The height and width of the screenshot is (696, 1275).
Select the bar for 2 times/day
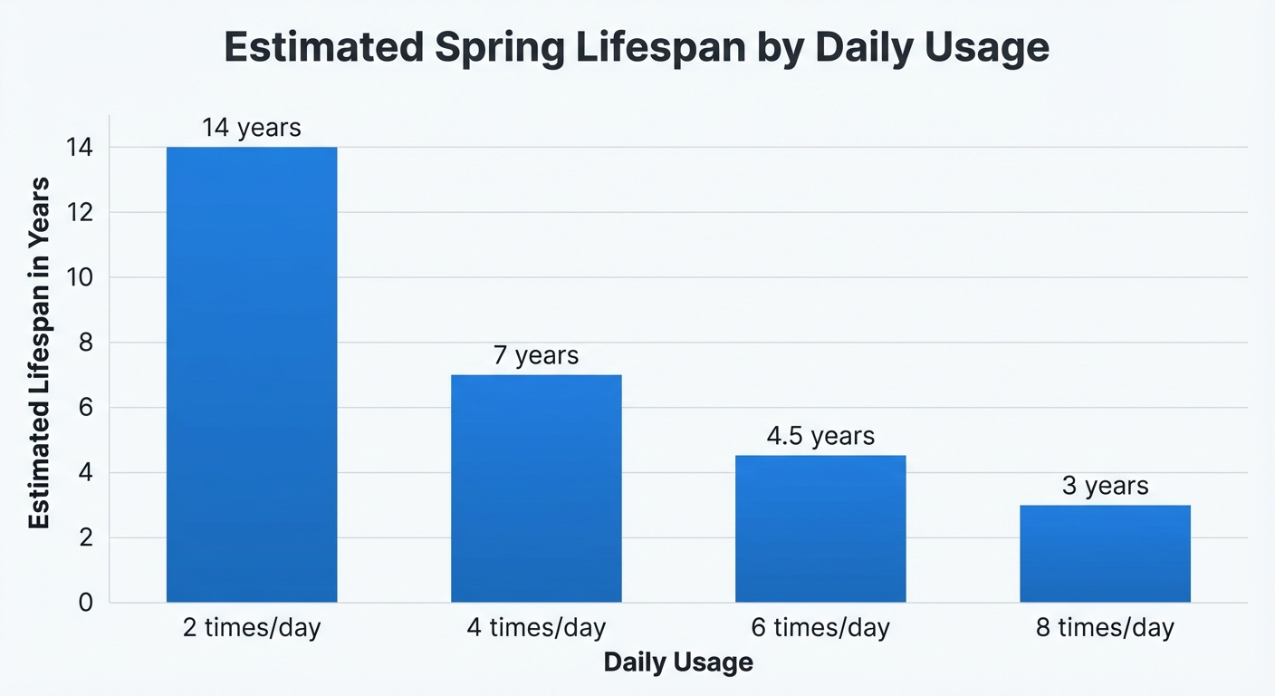click(252, 374)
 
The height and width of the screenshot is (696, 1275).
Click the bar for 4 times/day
click(536, 488)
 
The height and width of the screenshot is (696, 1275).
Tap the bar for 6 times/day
click(820, 528)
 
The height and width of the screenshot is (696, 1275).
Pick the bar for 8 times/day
click(1105, 554)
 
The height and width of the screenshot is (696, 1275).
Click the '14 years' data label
click(252, 128)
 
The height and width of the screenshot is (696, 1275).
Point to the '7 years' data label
click(536, 355)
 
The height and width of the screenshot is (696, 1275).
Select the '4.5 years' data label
click(820, 437)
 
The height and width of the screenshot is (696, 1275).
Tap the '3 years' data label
click(1105, 487)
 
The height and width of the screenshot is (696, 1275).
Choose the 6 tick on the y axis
click(87, 408)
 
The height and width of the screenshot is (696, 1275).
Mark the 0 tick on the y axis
click(87, 603)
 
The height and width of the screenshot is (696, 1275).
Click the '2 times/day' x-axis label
click(252, 628)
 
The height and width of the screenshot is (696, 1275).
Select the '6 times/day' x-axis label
click(820, 628)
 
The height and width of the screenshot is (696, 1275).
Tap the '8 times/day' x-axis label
click(1105, 628)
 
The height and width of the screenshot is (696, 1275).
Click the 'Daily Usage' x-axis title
click(678, 662)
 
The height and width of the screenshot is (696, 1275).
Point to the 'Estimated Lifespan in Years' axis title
click(39, 353)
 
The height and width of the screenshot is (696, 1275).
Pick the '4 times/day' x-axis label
click(536, 628)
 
